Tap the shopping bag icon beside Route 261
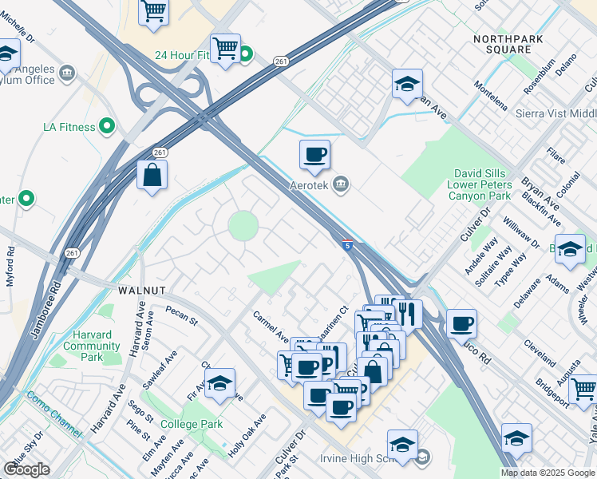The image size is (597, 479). coord(152,174)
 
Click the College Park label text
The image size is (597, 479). coord(192,424)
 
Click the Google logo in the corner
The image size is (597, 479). coord(26,469)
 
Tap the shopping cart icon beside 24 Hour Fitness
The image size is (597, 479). coord(226,48)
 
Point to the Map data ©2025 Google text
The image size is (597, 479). coord(547,473)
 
